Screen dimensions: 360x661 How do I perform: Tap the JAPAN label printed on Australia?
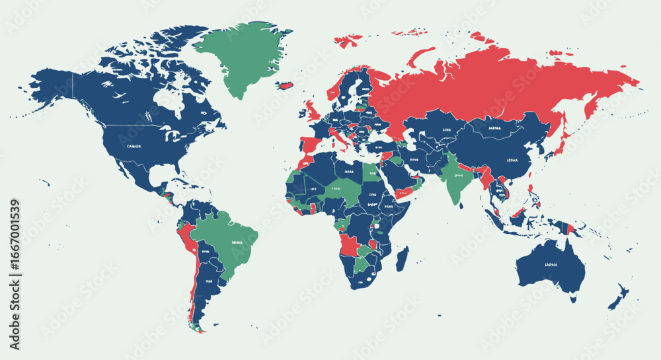pyautogui.click(x=551, y=265)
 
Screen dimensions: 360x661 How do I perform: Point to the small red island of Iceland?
pyautogui.click(x=285, y=85)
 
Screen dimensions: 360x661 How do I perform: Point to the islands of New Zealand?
pyautogui.click(x=618, y=297)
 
